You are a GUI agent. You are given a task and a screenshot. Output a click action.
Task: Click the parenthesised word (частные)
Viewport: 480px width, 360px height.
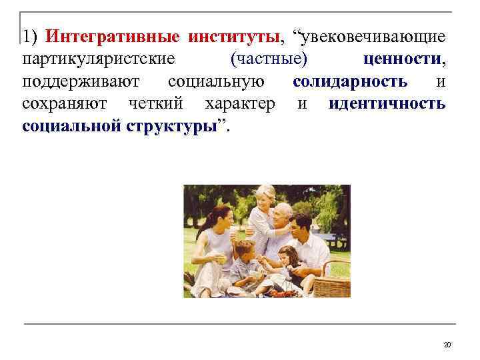[x=269, y=59]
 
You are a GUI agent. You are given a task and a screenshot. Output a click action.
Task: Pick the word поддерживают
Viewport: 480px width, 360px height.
[x=80, y=81]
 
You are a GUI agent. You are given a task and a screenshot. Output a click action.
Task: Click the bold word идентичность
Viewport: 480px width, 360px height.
[x=387, y=104]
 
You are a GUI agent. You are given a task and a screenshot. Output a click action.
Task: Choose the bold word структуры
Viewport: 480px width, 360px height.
[x=177, y=127]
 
